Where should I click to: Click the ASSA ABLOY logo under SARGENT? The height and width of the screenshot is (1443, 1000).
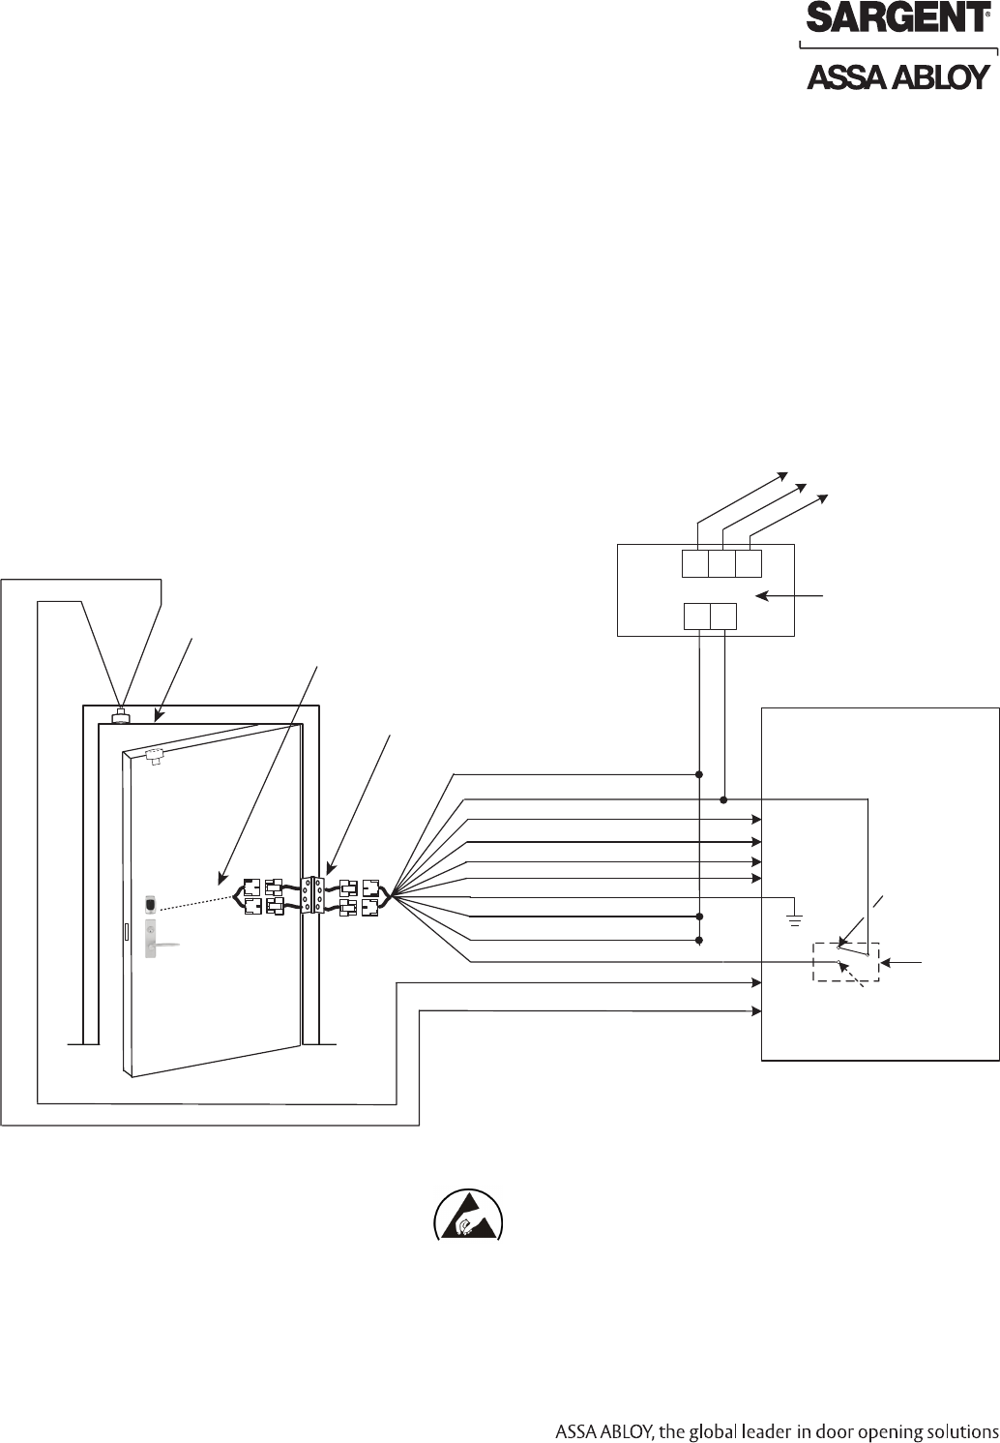pyautogui.click(x=898, y=77)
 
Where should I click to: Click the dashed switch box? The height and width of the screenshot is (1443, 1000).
pyautogui.click(x=846, y=962)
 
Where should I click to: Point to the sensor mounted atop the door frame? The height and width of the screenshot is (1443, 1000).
pyautogui.click(x=121, y=716)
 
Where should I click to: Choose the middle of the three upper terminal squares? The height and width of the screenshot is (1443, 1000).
pyautogui.click(x=721, y=563)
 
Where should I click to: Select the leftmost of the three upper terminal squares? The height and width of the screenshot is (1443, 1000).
pyautogui.click(x=695, y=563)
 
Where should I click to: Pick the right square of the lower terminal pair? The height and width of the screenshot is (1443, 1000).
pyautogui.click(x=723, y=616)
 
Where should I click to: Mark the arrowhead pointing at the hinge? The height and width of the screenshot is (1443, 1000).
pyautogui.click(x=330, y=869)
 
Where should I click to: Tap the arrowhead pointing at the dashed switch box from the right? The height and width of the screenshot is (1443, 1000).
pyautogui.click(x=885, y=962)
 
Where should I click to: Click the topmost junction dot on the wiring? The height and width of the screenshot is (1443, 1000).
pyautogui.click(x=699, y=774)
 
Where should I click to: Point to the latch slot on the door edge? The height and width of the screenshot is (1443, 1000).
pyautogui.click(x=127, y=931)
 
